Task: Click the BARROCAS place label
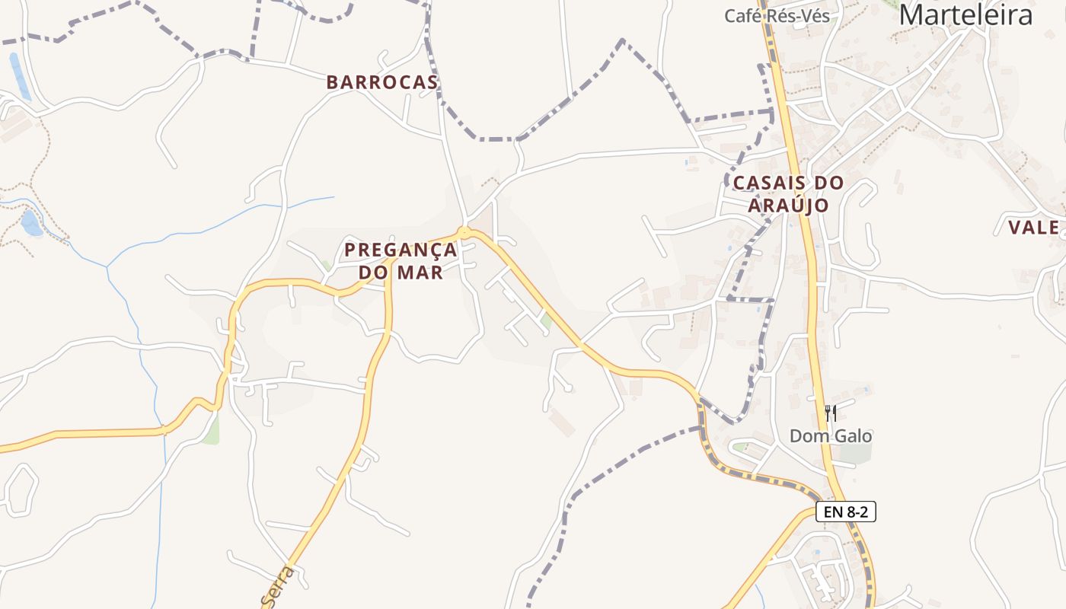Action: click(x=382, y=83)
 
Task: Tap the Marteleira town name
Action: click(x=966, y=15)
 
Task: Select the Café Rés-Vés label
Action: click(x=777, y=16)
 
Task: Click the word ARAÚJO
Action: click(x=788, y=206)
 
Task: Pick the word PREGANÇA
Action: click(x=401, y=250)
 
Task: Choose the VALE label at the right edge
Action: click(x=1033, y=228)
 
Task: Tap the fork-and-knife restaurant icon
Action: click(x=830, y=413)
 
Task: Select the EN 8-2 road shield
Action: click(x=845, y=512)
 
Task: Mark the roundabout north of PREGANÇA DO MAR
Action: click(x=464, y=232)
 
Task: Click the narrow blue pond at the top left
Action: click(x=20, y=76)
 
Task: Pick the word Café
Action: click(x=742, y=16)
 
